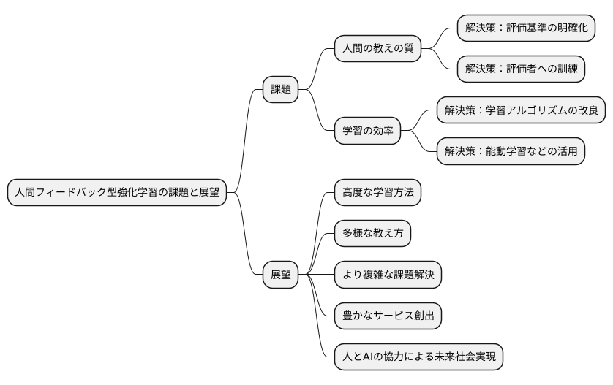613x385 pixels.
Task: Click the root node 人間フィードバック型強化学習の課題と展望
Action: click(117, 193)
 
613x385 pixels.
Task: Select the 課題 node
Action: click(281, 90)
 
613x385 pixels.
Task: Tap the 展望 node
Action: click(281, 275)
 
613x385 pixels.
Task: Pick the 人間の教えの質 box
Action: click(377, 49)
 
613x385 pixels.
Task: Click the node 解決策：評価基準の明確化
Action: click(526, 28)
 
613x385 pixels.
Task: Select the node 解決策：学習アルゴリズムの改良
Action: click(521, 111)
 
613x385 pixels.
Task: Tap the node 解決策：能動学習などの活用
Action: click(511, 152)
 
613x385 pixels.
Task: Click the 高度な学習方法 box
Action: click(377, 193)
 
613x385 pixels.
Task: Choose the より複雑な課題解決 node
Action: click(388, 275)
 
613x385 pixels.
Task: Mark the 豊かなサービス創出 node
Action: click(388, 316)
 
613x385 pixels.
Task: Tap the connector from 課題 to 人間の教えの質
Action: click(317, 69)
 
